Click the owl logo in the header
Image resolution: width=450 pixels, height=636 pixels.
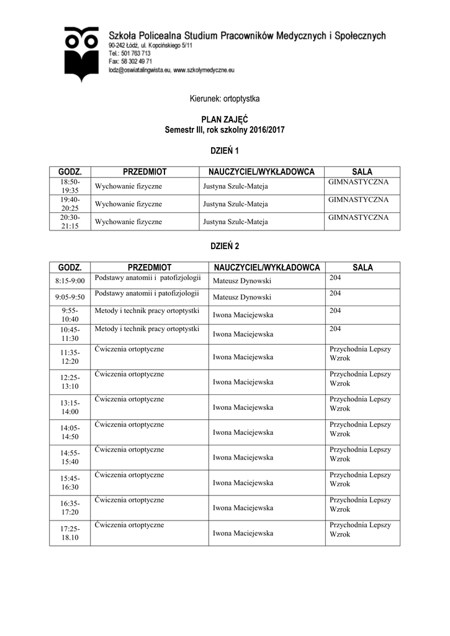point(82,54)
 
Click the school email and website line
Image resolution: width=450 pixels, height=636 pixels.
point(171,71)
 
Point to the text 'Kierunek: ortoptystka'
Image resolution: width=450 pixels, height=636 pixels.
point(224,99)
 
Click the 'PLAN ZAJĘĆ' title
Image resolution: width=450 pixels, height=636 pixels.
point(224,119)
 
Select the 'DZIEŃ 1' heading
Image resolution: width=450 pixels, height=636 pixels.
point(224,151)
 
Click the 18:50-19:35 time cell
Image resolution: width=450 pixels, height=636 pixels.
point(70,186)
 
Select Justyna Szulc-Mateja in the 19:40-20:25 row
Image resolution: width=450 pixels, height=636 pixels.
point(235,204)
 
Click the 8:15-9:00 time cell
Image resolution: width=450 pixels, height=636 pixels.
point(70,281)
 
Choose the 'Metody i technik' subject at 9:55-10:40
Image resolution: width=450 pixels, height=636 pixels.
point(146,310)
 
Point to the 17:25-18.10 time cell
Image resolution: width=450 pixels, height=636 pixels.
point(70,533)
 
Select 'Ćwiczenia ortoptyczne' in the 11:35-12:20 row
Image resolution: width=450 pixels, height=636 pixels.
point(130,349)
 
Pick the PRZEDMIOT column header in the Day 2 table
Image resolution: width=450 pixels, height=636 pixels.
point(149,267)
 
